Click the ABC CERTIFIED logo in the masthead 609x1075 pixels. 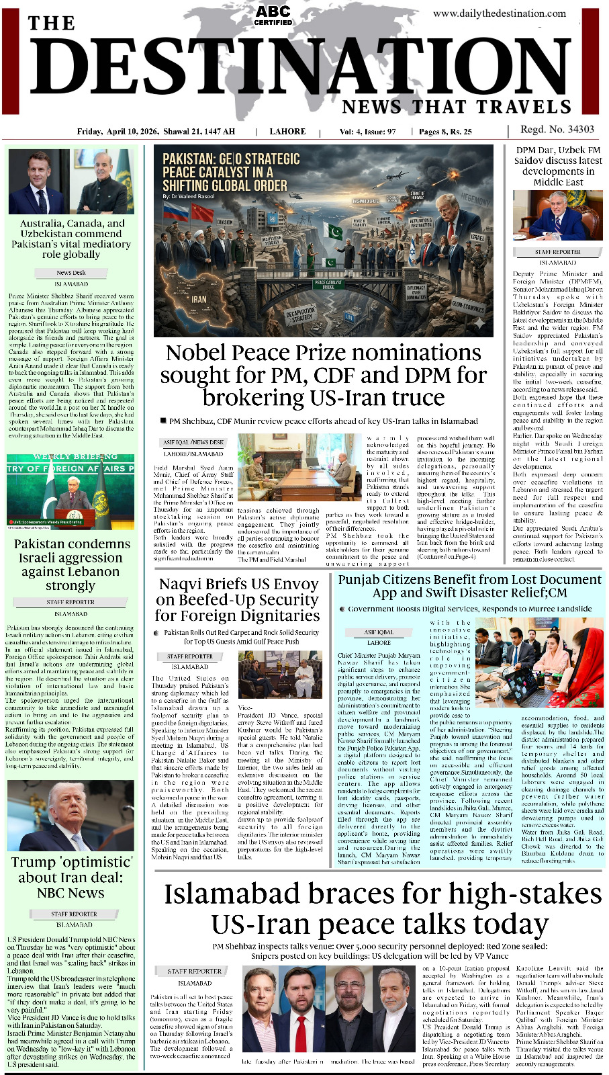pos(273,15)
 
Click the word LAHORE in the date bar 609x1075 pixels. pos(287,132)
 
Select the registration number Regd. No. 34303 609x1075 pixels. pos(557,130)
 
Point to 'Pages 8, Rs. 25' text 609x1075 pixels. pos(445,132)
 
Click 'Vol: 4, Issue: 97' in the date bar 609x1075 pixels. pos(367,132)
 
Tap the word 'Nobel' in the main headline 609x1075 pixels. pos(198,353)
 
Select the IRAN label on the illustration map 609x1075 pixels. pos(199,299)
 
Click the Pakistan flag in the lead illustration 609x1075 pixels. pos(333,232)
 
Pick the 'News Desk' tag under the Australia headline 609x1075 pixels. pos(71,273)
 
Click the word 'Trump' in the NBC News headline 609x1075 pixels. pos(33,862)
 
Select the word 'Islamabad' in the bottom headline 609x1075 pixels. pos(232,894)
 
